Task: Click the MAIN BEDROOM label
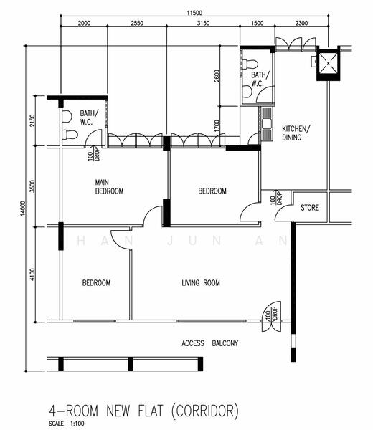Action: [109, 187]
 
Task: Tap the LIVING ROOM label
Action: [201, 283]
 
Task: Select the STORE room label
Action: [310, 208]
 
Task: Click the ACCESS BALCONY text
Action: [209, 343]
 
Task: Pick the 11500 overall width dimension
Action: [194, 13]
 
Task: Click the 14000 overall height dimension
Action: [23, 208]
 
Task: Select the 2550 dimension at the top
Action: [137, 23]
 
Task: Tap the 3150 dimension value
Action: [203, 23]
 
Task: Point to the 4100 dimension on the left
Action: [32, 274]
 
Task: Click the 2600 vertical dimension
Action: [217, 76]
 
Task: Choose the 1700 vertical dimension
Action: [217, 126]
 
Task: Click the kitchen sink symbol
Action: [267, 123]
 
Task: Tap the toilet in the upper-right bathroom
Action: [250, 64]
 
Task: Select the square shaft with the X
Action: [329, 63]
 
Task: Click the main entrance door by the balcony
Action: [272, 317]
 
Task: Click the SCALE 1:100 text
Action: [67, 424]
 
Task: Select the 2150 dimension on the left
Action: [32, 120]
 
